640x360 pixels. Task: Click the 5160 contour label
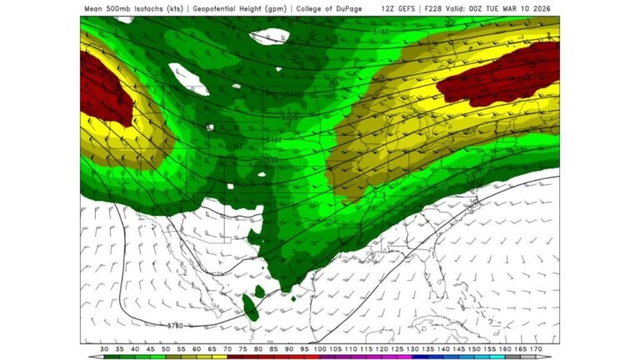[381, 32]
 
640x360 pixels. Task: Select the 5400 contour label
[289, 118]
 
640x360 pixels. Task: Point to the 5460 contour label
[273, 140]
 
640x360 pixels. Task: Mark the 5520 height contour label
[269, 158]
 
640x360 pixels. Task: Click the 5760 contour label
[175, 324]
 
